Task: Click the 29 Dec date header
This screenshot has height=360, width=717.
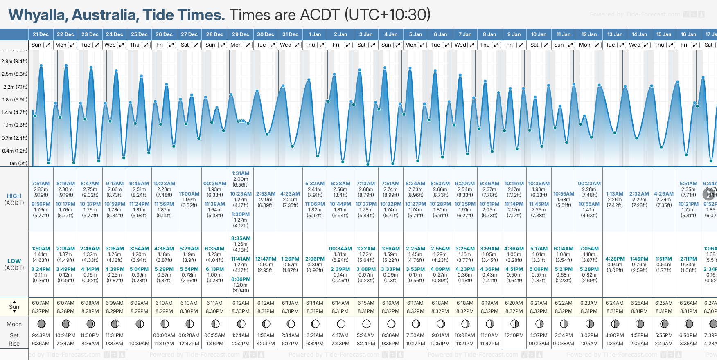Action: [240, 34]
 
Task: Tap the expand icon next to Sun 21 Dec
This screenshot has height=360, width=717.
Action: [48, 45]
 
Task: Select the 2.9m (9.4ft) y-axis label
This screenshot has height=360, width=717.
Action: [14, 61]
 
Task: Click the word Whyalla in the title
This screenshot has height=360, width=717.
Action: [38, 15]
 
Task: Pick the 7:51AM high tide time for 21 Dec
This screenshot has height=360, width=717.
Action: [41, 184]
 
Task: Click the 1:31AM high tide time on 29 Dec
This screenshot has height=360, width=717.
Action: [240, 173]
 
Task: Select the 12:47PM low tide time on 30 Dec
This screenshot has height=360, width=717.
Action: [266, 259]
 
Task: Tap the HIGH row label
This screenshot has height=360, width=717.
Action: [14, 196]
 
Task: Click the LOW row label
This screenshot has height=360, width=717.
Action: [14, 261]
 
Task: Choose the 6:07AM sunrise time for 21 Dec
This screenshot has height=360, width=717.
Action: [41, 303]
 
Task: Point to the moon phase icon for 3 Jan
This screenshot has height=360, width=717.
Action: [366, 324]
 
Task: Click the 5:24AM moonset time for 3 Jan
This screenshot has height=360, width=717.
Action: [366, 335]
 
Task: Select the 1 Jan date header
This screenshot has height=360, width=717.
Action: [315, 34]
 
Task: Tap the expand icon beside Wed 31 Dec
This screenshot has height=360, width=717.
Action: [297, 45]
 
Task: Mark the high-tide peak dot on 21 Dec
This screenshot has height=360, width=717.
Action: [41, 65]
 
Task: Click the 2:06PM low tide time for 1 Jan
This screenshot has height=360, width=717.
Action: [315, 259]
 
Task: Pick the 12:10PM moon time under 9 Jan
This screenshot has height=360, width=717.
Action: [514, 335]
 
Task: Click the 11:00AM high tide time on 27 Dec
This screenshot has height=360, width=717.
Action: [189, 194]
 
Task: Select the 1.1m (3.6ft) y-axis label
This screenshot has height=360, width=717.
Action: [14, 125]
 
